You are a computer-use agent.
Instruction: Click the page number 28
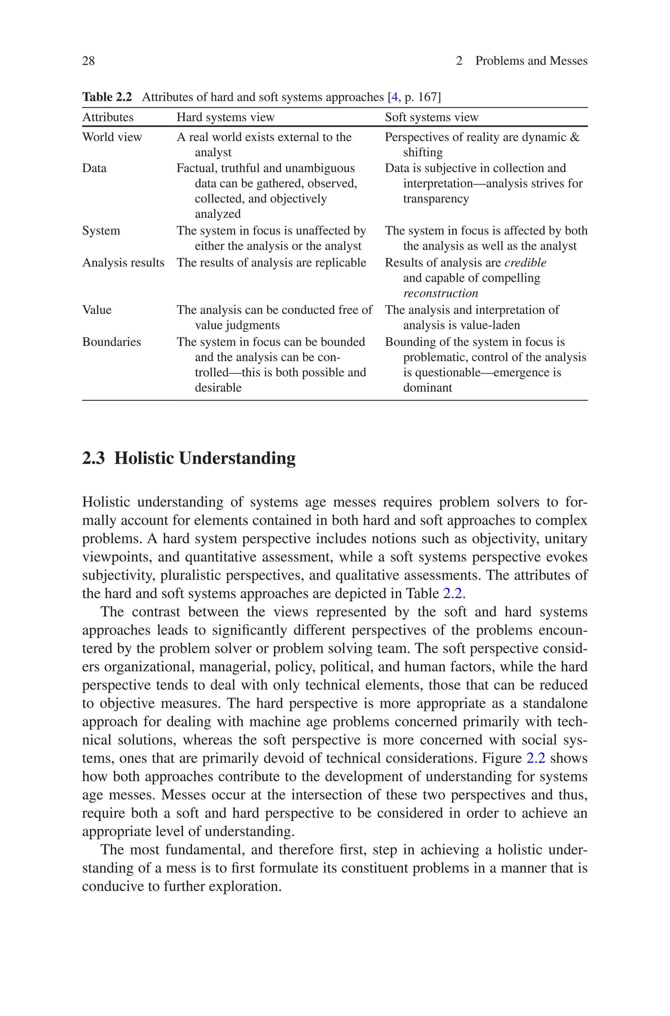pos(88,61)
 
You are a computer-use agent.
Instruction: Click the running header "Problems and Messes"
pos(531,61)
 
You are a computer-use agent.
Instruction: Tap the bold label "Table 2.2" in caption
pos(107,98)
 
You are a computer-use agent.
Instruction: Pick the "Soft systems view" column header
pos(431,117)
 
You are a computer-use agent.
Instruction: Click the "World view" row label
pos(112,137)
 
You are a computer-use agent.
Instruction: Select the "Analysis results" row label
pos(123,263)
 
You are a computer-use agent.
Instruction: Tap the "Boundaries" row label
pos(112,342)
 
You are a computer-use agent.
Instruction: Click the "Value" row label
pos(97,310)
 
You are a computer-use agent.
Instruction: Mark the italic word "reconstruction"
pos(441,294)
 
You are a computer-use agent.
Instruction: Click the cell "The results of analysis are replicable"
pos(271,263)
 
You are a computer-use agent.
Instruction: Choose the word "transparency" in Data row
pos(436,199)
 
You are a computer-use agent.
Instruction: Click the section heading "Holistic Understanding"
pos(205,458)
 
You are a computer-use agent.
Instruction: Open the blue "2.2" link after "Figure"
pos(536,758)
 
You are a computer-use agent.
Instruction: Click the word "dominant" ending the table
pos(427,388)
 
